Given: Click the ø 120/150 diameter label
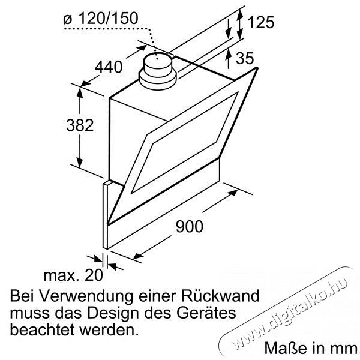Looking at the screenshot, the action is (x=101, y=19).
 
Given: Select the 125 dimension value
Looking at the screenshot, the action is (x=261, y=22).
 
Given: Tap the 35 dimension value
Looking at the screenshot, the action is (x=245, y=58).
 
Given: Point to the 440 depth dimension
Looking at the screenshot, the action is (x=109, y=67).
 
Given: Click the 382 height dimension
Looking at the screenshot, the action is (x=80, y=125).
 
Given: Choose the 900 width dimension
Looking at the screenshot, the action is (x=190, y=226).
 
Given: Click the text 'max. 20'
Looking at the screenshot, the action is (x=73, y=275).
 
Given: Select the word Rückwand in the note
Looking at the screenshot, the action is (x=220, y=296).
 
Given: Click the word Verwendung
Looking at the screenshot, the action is (x=86, y=296).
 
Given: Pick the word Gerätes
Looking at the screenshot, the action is (x=206, y=313).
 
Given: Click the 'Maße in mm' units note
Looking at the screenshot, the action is (x=311, y=348).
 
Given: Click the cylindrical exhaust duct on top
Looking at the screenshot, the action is (x=157, y=71).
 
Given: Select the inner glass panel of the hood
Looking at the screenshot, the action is (x=184, y=142).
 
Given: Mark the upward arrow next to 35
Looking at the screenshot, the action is (x=228, y=59).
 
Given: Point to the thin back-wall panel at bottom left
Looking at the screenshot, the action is (x=105, y=215).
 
